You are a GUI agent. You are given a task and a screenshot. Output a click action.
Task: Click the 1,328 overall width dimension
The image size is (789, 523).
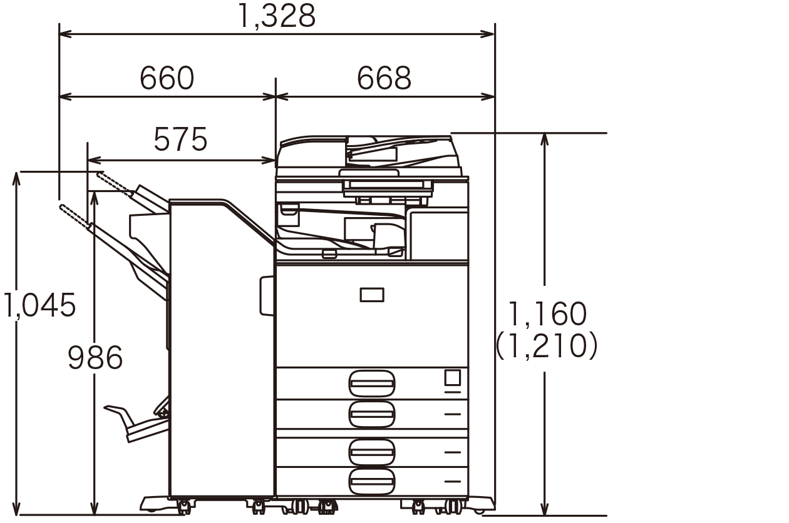point(277,16)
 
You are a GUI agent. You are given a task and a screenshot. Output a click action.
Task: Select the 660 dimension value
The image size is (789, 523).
point(167,78)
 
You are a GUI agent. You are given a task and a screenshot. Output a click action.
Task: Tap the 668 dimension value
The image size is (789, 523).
point(384,78)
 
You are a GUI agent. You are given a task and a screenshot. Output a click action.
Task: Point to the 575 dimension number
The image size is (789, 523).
point(180,140)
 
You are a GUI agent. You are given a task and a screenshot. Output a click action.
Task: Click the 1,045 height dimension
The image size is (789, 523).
point(39,305)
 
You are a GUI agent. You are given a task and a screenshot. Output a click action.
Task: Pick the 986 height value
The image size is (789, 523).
point(95,358)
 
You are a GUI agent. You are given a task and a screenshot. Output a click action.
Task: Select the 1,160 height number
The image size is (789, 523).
point(548,314)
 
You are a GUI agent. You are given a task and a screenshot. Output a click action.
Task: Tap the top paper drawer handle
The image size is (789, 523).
point(371,383)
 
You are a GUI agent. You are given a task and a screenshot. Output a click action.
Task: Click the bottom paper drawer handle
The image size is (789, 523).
point(371,482)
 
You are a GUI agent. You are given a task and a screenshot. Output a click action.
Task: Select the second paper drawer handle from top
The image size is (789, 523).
point(371,414)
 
